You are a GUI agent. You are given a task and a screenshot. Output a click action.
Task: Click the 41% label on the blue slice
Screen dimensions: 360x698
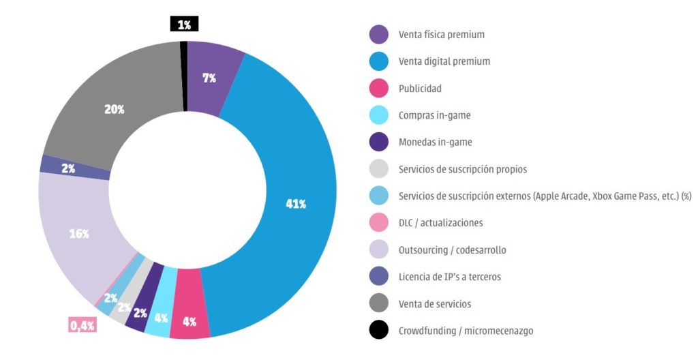point(295,205)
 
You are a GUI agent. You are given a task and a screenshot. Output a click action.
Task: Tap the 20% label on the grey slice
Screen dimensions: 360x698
point(115,110)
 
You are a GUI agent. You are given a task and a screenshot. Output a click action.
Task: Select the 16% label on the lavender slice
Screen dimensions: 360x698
point(79,234)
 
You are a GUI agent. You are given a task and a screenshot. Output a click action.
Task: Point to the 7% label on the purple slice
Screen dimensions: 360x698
point(209,78)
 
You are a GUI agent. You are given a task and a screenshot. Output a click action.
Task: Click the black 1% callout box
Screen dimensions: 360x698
point(184,25)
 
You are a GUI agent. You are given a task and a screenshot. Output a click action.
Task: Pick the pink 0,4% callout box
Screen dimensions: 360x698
point(82,325)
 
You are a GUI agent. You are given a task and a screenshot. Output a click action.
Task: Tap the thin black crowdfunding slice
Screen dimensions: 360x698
point(184,75)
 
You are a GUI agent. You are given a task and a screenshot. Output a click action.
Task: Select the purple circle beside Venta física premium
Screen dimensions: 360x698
point(378,35)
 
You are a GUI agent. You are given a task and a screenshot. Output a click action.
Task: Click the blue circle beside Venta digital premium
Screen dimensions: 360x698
point(378,61)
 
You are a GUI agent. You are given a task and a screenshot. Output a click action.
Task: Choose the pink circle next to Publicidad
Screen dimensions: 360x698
point(378,89)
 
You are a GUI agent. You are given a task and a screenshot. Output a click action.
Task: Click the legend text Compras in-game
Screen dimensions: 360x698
point(434,115)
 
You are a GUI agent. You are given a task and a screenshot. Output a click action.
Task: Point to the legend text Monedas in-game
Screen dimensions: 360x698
point(435,142)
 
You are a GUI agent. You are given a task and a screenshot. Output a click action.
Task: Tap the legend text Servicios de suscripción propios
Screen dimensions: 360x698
point(462,169)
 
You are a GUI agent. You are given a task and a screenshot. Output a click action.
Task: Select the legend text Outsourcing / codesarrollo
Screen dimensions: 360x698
point(452,250)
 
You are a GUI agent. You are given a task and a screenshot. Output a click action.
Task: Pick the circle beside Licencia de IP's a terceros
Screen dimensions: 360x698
point(378,277)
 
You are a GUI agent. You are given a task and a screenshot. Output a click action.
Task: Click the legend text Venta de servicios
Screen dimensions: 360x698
point(434,304)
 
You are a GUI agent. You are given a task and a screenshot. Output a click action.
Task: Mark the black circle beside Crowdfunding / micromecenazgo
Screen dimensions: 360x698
point(378,331)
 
